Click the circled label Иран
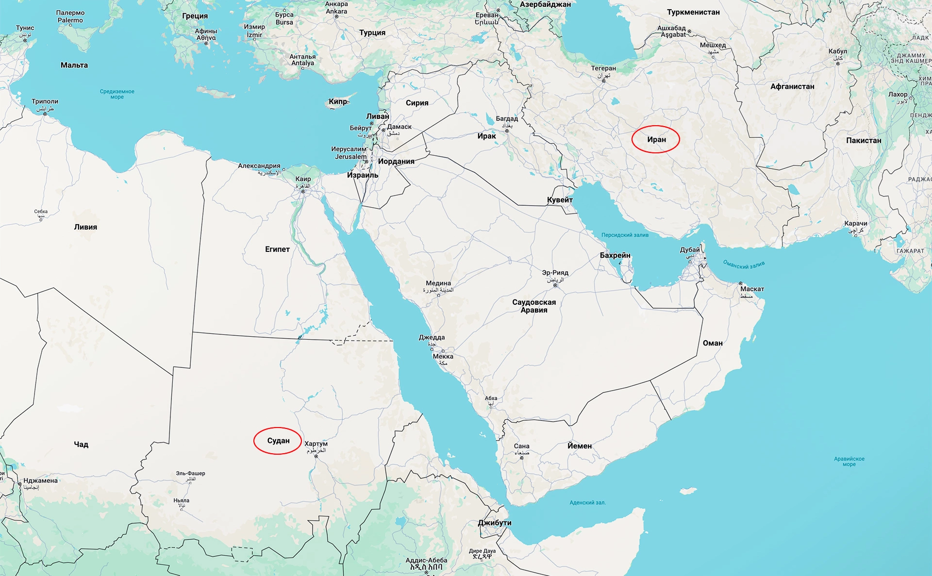pyautogui.click(x=656, y=139)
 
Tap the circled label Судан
pyautogui.click(x=278, y=441)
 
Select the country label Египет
pyautogui.click(x=277, y=249)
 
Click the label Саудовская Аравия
pyautogui.click(x=534, y=306)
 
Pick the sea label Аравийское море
pyautogui.click(x=849, y=461)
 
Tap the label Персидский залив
pyautogui.click(x=625, y=235)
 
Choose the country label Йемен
pyautogui.click(x=580, y=445)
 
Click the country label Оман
pyautogui.click(x=713, y=343)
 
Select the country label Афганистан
pyautogui.click(x=792, y=86)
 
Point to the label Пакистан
pyautogui.click(x=864, y=140)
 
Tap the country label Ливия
pyautogui.click(x=85, y=227)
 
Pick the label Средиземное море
pyautogui.click(x=117, y=94)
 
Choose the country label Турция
pyautogui.click(x=372, y=33)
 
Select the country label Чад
pyautogui.click(x=81, y=444)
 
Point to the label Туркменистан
pyautogui.click(x=693, y=12)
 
